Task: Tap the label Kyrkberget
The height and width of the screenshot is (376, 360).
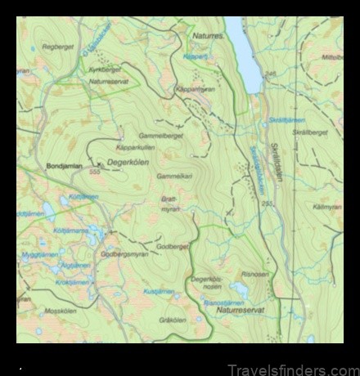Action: click(104, 71)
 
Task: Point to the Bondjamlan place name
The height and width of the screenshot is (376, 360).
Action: click(65, 166)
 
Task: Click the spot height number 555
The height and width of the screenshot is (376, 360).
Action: click(94, 172)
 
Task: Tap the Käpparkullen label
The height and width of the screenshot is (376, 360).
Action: click(136, 148)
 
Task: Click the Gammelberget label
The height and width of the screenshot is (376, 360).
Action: click(161, 135)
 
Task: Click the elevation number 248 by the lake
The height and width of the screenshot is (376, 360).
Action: click(270, 74)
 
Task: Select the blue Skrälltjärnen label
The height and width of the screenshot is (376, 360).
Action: click(286, 120)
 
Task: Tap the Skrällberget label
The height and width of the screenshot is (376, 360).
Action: click(310, 132)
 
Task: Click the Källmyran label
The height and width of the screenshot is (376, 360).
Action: click(326, 208)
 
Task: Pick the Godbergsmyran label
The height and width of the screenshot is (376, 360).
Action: click(123, 253)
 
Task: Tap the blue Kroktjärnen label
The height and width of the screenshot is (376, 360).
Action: click(72, 282)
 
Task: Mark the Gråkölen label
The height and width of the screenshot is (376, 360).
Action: click(173, 320)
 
